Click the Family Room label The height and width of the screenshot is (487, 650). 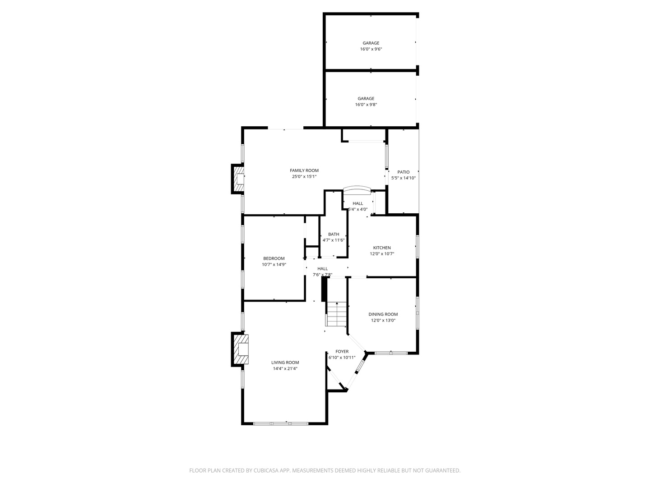coord(304,170)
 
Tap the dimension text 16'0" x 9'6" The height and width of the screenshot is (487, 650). coord(371,49)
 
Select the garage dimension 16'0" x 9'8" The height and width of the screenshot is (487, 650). coord(366,105)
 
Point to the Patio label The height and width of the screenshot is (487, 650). coord(403,172)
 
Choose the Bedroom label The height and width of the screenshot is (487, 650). coord(274,258)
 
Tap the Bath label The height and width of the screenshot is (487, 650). coord(334,234)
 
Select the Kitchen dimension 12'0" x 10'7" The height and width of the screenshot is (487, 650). coord(382,254)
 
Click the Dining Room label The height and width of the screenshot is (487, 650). coord(383,314)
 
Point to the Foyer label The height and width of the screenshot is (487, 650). coord(342,351)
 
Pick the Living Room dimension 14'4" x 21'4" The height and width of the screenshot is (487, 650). coord(285,368)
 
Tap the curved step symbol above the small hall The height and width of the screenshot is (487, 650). coord(357,189)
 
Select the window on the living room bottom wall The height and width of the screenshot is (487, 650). coord(280,423)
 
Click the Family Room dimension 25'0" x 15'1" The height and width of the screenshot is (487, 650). coord(304,177)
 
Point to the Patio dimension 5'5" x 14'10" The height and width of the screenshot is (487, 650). coord(403,178)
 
